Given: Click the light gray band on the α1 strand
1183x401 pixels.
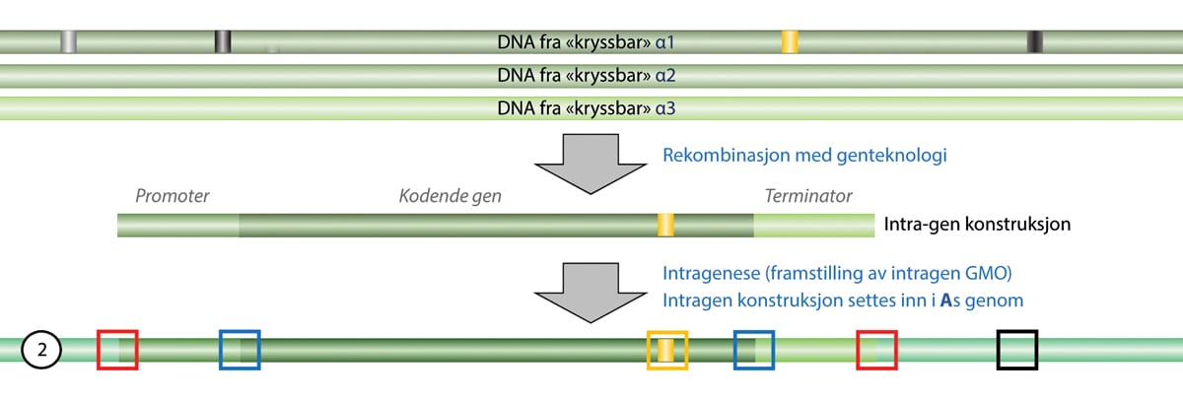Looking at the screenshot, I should point(68,41).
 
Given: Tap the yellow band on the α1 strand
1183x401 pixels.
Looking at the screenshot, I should point(790,41).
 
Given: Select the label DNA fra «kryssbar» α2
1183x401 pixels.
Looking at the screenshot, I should point(587,75).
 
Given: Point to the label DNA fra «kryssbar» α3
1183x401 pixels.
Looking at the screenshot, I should point(587,107).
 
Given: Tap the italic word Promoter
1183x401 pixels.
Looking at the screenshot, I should point(174,196).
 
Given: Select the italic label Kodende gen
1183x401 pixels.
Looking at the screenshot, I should point(450,196).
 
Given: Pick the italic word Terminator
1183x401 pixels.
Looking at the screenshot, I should point(808,196).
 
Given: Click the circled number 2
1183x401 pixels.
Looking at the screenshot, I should point(41,350).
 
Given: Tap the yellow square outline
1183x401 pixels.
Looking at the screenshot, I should point(666,350).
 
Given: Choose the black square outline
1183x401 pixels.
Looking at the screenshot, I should point(1017,350).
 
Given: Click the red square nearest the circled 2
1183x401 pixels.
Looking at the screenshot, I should point(117,350).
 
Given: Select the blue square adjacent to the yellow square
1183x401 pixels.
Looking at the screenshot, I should point(754,350).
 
